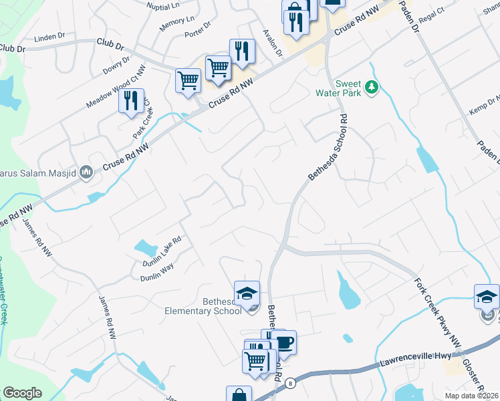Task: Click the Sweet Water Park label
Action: (348, 88)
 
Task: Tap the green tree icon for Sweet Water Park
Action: (372, 87)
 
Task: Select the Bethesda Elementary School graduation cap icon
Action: (247, 293)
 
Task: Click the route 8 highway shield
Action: (290, 383)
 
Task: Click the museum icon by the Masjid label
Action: (86, 173)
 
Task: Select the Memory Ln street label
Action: (177, 24)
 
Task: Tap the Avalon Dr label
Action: (272, 43)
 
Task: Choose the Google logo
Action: (23, 392)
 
